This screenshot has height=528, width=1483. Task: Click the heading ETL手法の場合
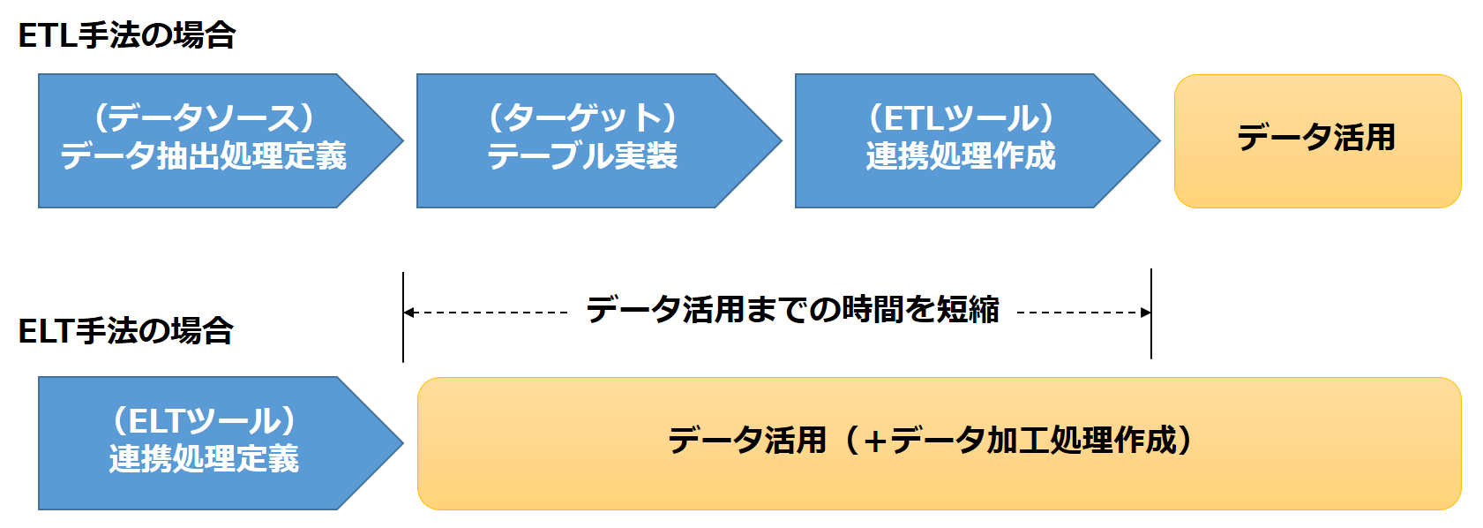tap(126, 35)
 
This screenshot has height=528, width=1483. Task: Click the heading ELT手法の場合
tap(126, 330)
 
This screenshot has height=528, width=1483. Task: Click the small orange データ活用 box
tap(1317, 141)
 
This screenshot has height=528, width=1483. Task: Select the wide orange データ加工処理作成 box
tap(940, 443)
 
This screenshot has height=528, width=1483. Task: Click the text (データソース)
tap(204, 118)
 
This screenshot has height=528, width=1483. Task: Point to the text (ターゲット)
tap(582, 118)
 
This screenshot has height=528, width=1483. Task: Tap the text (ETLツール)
tap(961, 118)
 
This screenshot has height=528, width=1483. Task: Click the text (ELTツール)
tap(204, 420)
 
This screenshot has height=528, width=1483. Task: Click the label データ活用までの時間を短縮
tap(792, 310)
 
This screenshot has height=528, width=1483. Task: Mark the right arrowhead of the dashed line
tap(1145, 312)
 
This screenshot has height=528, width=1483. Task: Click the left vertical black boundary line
tap(402, 317)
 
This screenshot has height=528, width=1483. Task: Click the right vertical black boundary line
tap(1151, 313)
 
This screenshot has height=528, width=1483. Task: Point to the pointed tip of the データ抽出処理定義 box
tap(403, 140)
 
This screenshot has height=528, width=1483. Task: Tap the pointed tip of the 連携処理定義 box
tap(403, 443)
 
